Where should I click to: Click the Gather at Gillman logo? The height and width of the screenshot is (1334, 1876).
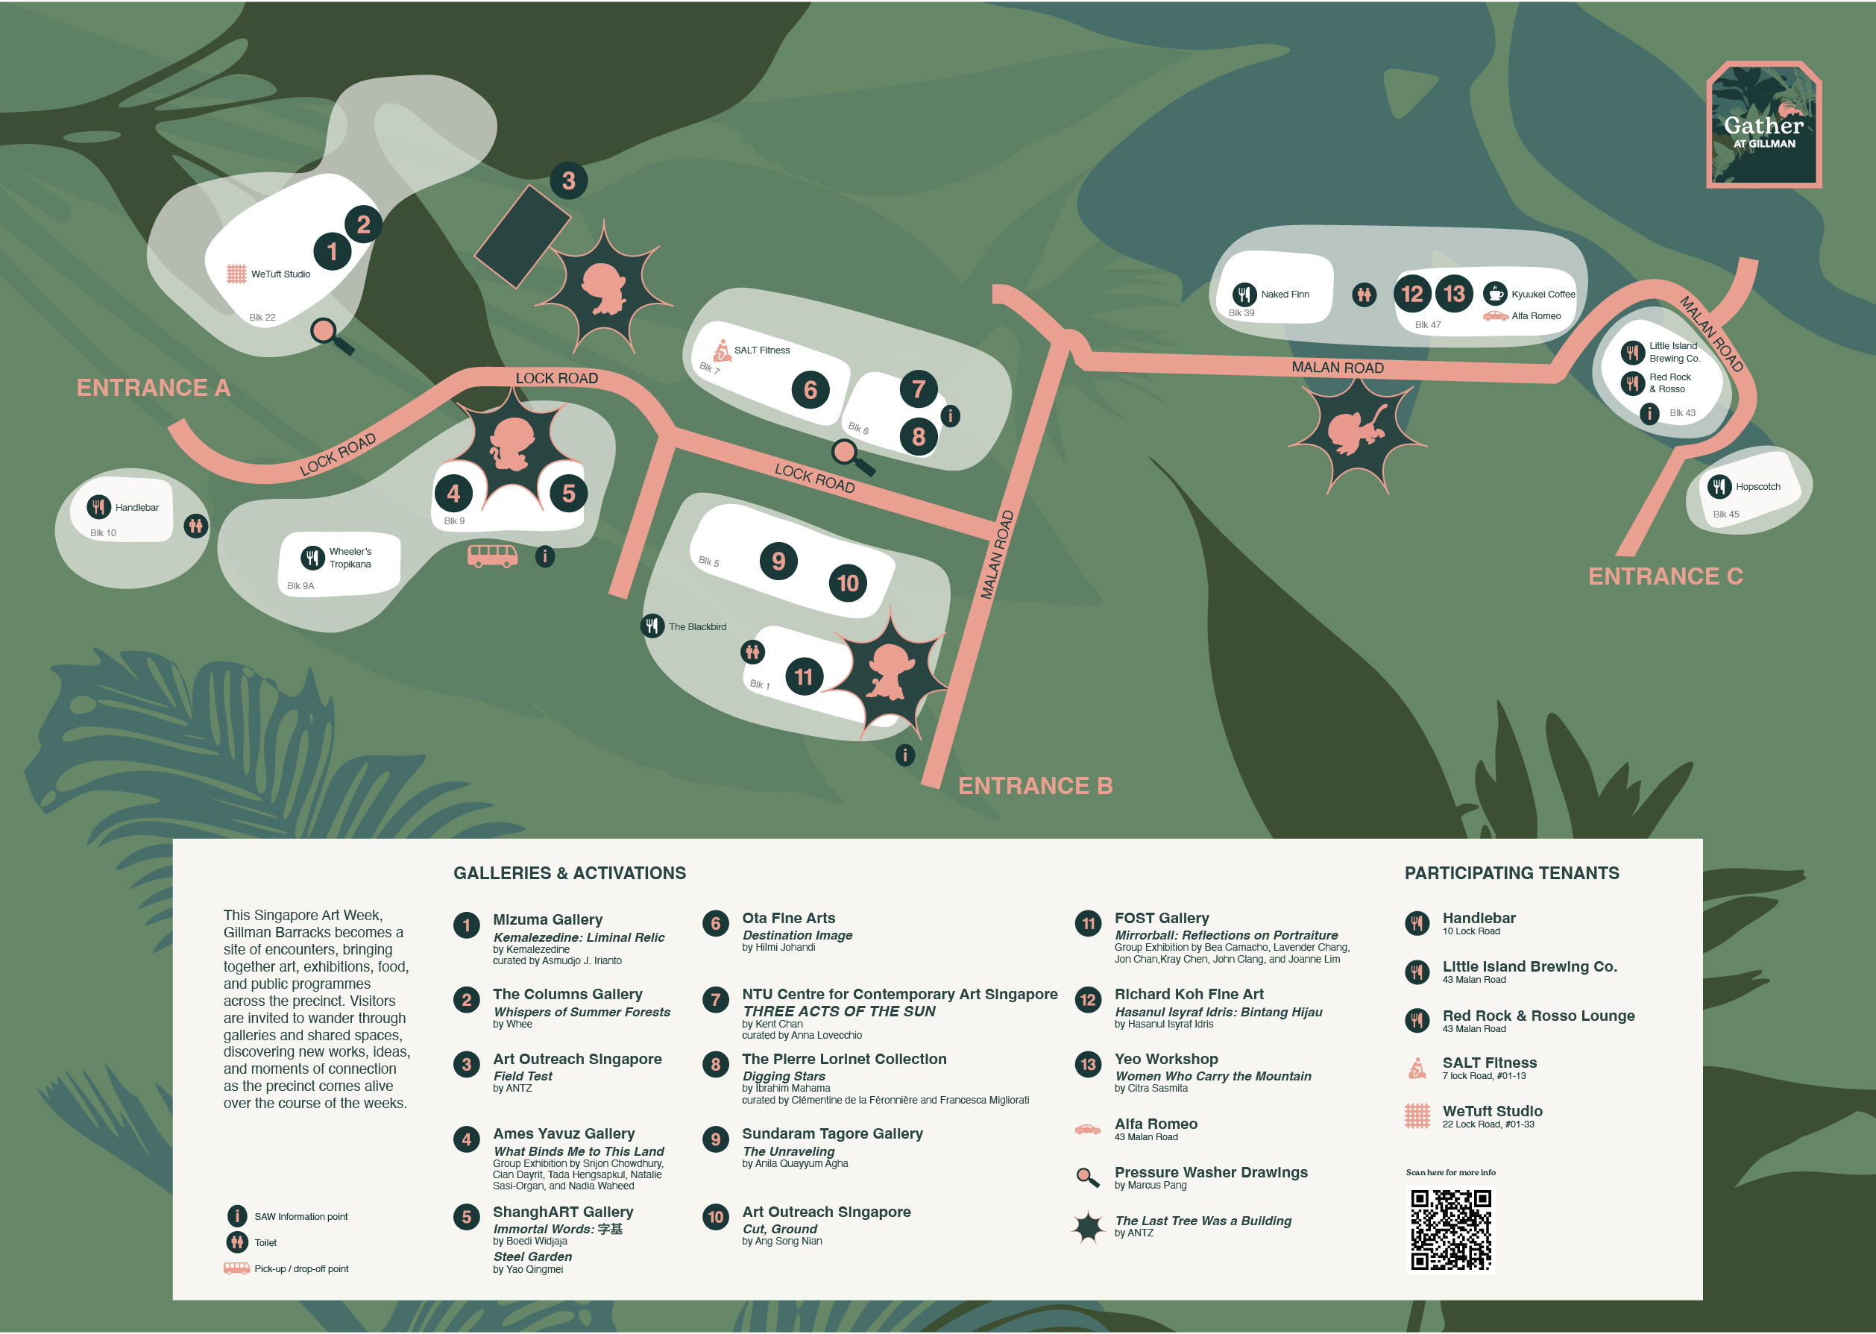click(1763, 125)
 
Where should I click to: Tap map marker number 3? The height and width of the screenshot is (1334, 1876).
click(568, 180)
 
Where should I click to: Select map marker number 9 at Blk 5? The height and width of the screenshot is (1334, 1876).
click(778, 561)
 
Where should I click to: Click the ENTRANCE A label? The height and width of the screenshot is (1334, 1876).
click(154, 388)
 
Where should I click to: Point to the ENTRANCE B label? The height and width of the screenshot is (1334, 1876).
click(1035, 786)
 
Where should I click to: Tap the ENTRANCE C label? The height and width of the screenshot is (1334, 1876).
click(1665, 576)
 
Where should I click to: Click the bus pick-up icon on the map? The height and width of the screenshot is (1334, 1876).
click(492, 556)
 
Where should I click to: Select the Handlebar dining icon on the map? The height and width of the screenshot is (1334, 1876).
click(98, 507)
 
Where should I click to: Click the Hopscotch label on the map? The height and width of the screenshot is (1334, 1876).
click(1757, 487)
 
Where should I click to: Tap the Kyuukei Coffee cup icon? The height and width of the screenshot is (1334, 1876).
click(1495, 293)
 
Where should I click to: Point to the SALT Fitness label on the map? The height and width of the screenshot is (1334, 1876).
click(761, 350)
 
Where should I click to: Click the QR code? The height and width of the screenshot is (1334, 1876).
click(1450, 1230)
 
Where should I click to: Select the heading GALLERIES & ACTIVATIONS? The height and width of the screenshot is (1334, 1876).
click(569, 873)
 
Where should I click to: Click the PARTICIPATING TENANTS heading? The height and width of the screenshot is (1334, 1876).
click(1511, 873)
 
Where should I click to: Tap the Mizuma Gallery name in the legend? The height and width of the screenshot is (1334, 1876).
click(547, 920)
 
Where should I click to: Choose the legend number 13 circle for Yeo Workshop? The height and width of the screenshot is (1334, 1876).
click(1087, 1065)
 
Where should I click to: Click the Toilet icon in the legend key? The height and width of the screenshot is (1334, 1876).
click(236, 1242)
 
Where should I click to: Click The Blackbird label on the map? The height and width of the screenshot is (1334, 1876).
click(697, 627)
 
